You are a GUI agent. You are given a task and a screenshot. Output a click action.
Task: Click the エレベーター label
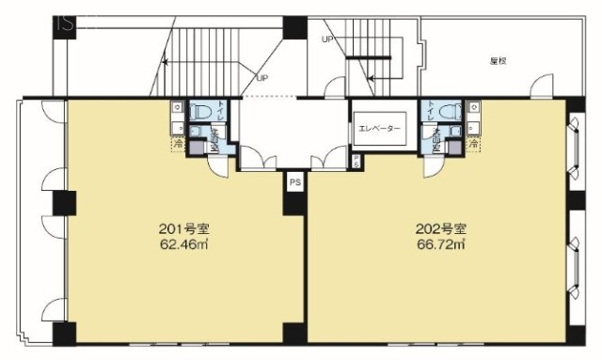[379, 129]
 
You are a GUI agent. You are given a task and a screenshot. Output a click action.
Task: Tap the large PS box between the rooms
[294, 181]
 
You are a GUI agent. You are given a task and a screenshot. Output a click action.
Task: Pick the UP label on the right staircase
[326, 39]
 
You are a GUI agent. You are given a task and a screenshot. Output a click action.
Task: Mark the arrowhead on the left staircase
[165, 62]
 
